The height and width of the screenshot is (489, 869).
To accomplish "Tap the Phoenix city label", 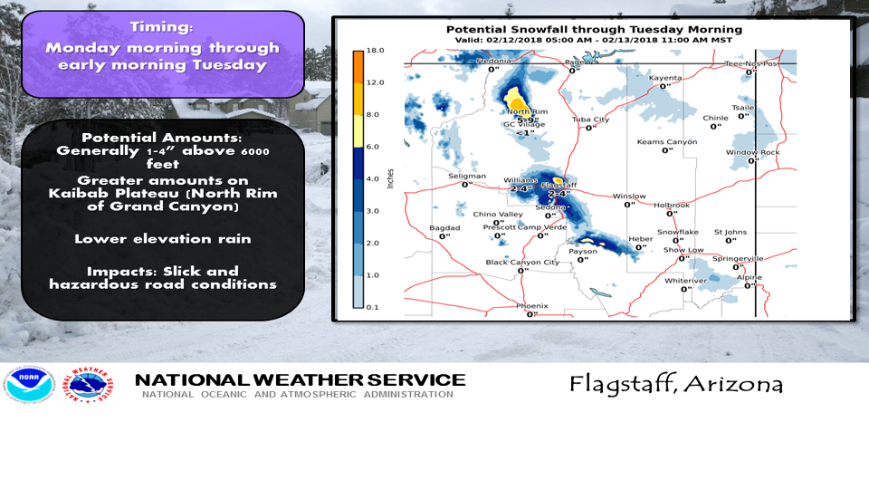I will (531, 306).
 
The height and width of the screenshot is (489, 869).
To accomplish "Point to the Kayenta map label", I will (665, 79).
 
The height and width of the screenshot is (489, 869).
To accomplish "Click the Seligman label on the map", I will (467, 176).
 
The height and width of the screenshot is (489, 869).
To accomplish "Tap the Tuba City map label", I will (590, 120).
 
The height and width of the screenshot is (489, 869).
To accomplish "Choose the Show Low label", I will (683, 250).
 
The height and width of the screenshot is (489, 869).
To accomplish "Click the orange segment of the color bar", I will (358, 65).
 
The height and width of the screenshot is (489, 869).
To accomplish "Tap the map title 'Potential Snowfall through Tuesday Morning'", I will (594, 30).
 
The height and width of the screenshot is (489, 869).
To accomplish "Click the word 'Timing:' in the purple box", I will (162, 27).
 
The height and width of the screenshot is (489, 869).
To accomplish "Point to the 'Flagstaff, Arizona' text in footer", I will (675, 384).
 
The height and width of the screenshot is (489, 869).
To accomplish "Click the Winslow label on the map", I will (628, 197).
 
